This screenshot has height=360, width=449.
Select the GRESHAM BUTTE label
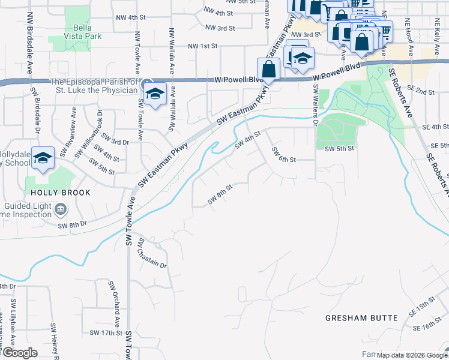coord(362,317)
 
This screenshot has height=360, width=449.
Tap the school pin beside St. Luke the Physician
coord(155,94)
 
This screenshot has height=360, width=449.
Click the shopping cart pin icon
coord(384,29)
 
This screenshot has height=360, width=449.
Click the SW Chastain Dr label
coord(143,254)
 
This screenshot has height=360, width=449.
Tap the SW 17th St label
coord(106,332)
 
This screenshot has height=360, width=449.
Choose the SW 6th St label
coord(284,155)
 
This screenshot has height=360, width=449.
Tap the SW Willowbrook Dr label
coord(89,134)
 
